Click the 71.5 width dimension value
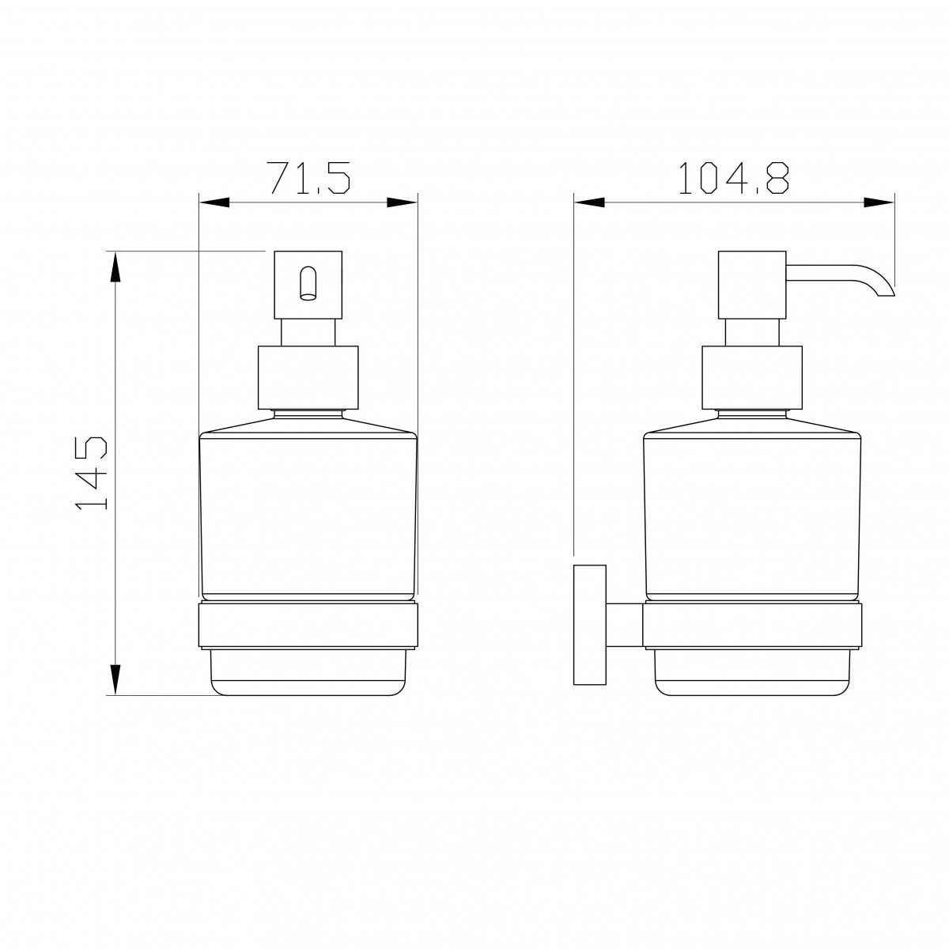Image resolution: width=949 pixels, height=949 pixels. [308, 178]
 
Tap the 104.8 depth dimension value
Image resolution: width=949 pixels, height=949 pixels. [733, 178]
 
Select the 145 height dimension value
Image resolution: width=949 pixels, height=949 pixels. [92, 473]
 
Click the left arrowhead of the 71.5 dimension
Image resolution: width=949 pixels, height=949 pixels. [214, 202]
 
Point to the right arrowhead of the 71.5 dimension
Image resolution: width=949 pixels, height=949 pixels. [402, 202]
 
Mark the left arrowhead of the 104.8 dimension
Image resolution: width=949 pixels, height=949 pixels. [589, 202]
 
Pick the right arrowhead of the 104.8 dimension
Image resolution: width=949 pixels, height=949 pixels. [879, 202]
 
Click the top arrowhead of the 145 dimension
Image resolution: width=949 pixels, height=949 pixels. [115, 267]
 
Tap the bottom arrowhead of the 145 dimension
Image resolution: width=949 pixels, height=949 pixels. [115, 679]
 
